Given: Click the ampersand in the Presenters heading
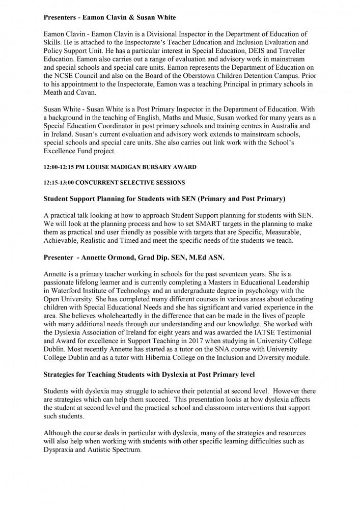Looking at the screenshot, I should [x=133, y=17].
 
